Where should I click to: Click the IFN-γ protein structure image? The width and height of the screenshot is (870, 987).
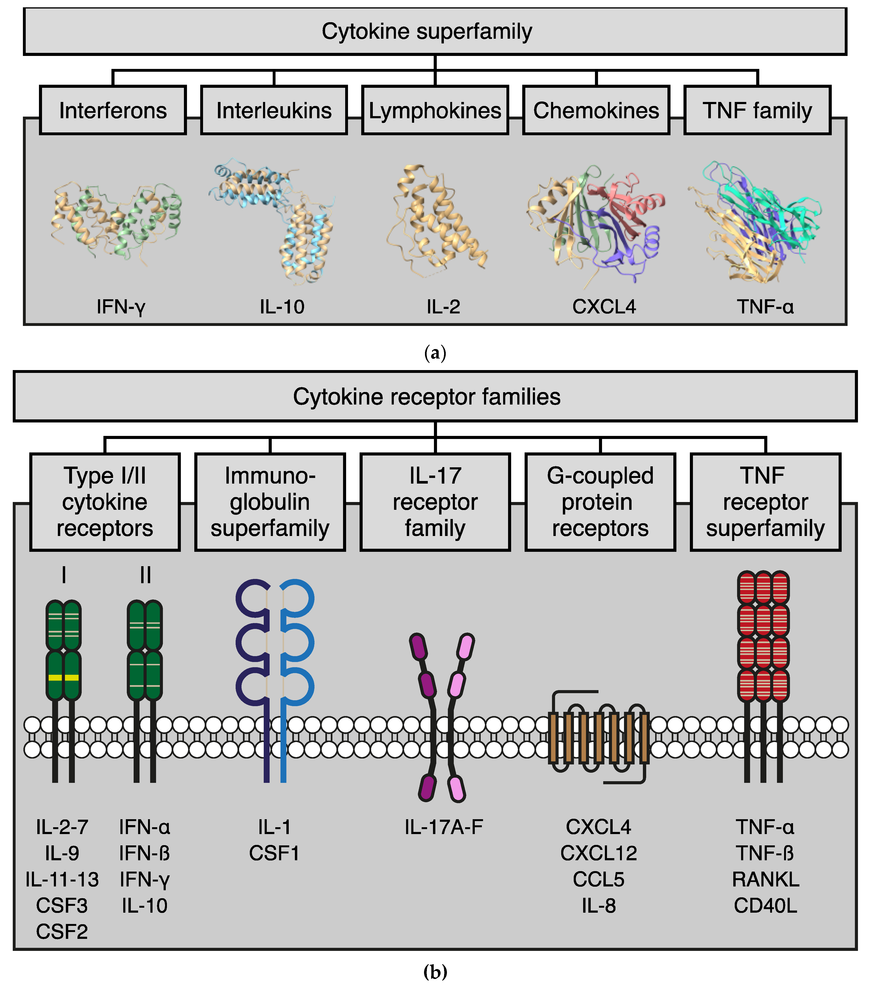[x=116, y=222]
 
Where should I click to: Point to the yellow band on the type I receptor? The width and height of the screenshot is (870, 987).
[x=63, y=678]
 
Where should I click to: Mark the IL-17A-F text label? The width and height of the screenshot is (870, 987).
[x=443, y=827]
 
